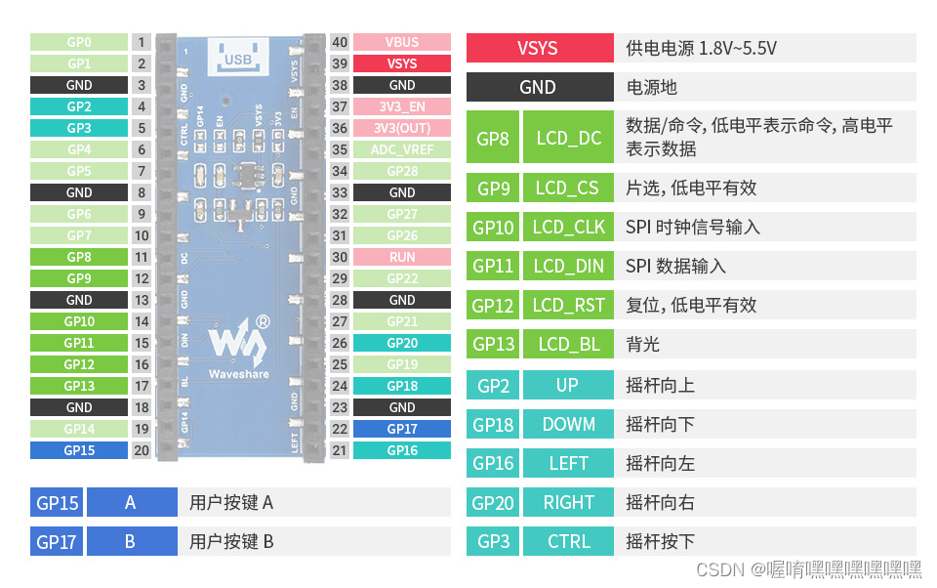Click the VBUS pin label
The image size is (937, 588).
point(402,42)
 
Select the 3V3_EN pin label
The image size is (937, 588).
point(402,106)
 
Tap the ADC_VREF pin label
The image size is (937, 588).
point(402,149)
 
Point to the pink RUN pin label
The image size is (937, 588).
point(402,257)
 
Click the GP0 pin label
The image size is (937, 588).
point(79,42)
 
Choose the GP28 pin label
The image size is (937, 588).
point(402,171)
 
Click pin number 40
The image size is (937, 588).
point(340,42)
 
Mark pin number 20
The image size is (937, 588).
point(142,450)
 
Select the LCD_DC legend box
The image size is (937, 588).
point(569,138)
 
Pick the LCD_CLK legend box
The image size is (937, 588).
point(569,227)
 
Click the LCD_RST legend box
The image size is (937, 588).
point(569,305)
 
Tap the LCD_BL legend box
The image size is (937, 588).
point(569,344)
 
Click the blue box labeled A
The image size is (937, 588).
point(131,502)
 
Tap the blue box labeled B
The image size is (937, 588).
point(131,541)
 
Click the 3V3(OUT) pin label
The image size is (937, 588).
point(402,128)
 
